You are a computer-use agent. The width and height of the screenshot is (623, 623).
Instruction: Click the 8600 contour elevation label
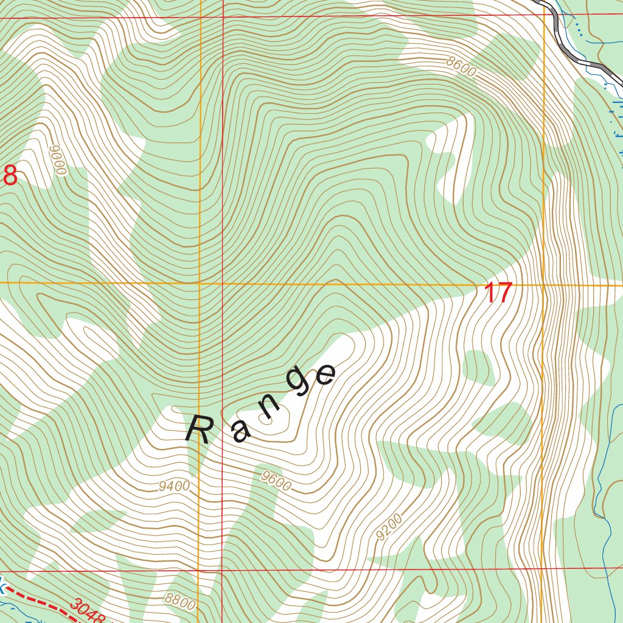(x=461, y=66)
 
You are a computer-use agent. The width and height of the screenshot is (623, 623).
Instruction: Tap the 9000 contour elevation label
(x=58, y=160)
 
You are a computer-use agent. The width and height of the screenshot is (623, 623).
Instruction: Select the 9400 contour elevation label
(x=174, y=486)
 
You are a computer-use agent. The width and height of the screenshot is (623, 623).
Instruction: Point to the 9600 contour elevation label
(x=276, y=481)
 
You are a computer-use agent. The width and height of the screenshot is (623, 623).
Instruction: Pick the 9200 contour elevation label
(x=389, y=527)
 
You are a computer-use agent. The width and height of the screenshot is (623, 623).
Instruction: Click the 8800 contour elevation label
(x=179, y=602)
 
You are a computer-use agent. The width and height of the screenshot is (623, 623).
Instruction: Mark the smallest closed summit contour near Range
(x=266, y=418)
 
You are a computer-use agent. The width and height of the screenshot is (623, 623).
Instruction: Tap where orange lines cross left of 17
(x=200, y=284)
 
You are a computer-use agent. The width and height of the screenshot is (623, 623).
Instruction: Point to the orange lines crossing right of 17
(x=543, y=285)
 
